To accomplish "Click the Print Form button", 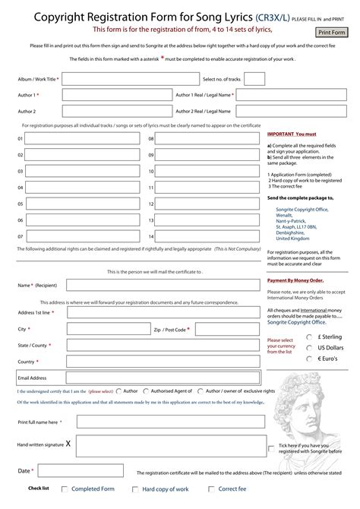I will coord(331,32).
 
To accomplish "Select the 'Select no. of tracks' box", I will coord(254,79).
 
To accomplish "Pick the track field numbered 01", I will coord(83,138).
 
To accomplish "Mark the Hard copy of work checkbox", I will coord(136,490).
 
